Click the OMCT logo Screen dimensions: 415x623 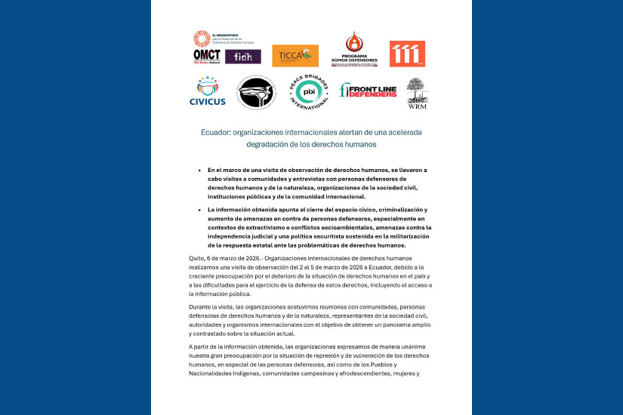click(x=206, y=55)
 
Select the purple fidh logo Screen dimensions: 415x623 click(x=243, y=57)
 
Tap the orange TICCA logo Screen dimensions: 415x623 click(x=295, y=55)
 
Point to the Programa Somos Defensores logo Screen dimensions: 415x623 click(x=352, y=48)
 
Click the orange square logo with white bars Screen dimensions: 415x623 click(x=407, y=54)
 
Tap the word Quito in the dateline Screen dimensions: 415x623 click(x=198, y=259)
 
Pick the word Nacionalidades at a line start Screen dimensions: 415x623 click(x=215, y=373)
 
